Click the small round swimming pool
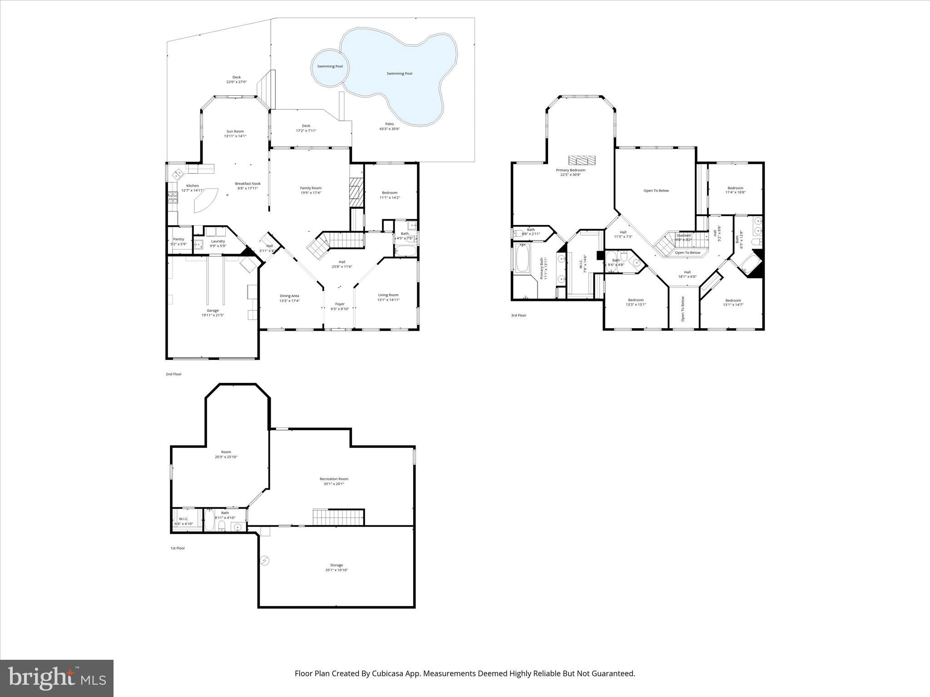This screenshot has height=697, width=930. click(330, 67)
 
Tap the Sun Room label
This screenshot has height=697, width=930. click(235, 131)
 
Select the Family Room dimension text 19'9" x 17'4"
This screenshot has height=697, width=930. click(311, 193)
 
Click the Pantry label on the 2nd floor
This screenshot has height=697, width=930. click(178, 239)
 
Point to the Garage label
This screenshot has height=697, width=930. click(213, 310)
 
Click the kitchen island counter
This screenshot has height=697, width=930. click(205, 201)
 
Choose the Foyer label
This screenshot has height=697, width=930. click(340, 304)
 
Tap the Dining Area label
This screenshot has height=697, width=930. click(289, 296)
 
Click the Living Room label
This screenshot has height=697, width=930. click(388, 295)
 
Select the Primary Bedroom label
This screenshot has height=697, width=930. click(570, 170)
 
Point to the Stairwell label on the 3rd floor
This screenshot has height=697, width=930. click(683, 235)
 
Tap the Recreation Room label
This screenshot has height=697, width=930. click(334, 479)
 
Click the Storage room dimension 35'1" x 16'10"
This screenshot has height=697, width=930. click(336, 570)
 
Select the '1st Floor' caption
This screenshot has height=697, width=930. click(178, 548)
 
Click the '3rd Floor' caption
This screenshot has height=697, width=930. click(519, 315)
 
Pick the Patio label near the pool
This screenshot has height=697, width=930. click(390, 124)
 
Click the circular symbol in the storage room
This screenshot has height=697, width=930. click(265, 561)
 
